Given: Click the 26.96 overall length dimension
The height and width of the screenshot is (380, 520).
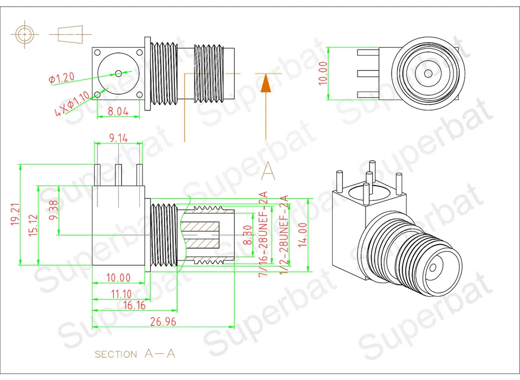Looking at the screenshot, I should [163, 322].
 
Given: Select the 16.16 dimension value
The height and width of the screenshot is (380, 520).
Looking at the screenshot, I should [135, 305].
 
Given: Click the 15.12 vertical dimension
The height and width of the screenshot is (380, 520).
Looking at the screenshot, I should [34, 225].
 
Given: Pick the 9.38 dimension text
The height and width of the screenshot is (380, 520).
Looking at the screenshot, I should [53, 209].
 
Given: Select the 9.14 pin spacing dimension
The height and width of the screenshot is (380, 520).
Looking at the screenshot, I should [118, 139].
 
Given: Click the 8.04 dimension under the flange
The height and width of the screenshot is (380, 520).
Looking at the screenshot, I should [118, 112].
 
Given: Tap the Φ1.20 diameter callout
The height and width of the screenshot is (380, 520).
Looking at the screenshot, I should [61, 78].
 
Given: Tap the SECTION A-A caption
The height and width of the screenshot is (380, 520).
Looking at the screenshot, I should [135, 354].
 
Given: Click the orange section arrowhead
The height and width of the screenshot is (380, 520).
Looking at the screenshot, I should [265, 84].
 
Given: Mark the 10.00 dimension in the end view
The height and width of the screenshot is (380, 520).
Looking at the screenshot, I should [323, 73].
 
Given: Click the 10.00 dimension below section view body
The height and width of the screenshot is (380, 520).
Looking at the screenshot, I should [118, 278].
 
